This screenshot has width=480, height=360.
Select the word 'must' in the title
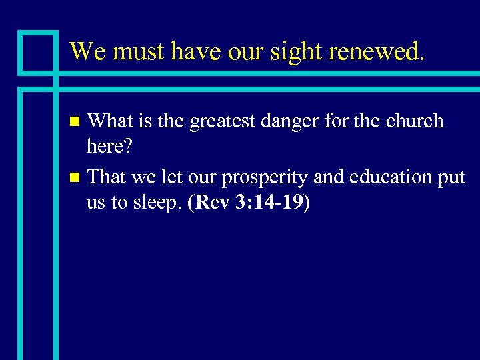coord(133,51)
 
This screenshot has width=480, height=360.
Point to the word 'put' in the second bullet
coord(452,178)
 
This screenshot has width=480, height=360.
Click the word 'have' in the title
coord(186,51)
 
